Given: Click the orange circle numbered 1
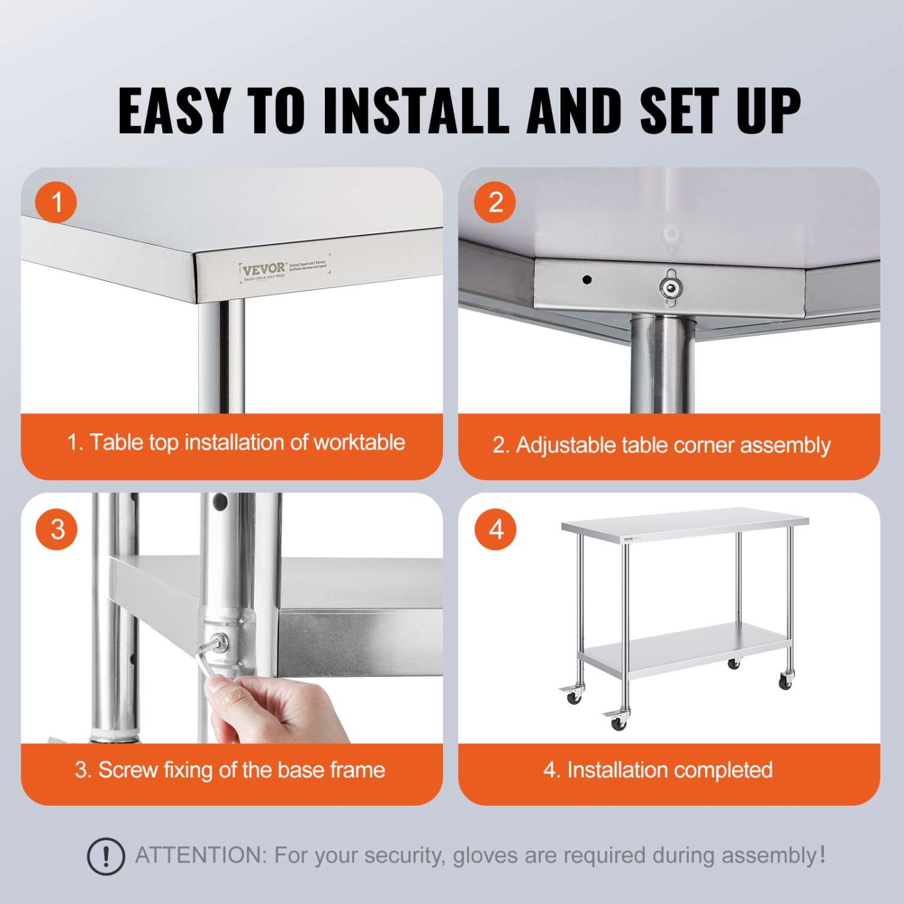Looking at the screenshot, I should (x=56, y=202).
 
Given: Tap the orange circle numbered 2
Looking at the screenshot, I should (x=495, y=202).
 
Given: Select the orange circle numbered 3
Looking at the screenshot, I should (x=57, y=529).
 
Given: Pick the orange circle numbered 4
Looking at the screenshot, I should (x=495, y=529).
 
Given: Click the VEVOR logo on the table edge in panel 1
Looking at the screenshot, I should (x=264, y=269).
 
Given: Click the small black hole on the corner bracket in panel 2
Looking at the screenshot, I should (x=587, y=280).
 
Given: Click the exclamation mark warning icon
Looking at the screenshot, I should (x=106, y=856).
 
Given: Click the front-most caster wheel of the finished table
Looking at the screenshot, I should (x=618, y=723).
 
